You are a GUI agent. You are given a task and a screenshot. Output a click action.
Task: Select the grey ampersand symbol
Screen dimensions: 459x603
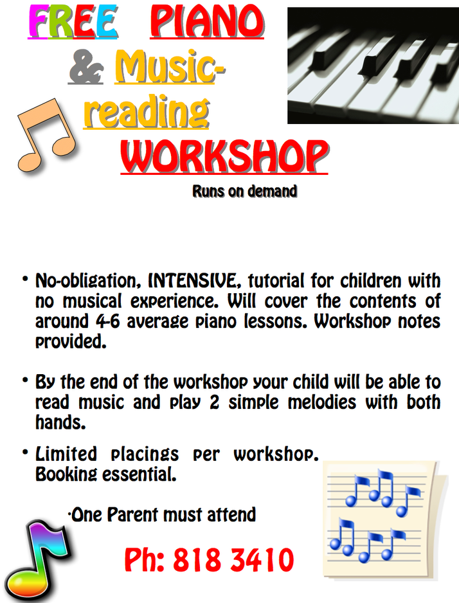[86, 67]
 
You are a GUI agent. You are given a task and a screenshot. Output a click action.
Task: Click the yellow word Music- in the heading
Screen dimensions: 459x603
[170, 67]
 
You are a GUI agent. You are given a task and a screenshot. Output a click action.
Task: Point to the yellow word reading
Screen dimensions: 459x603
[147, 112]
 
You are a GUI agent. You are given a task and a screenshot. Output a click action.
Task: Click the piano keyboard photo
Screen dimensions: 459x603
[373, 66]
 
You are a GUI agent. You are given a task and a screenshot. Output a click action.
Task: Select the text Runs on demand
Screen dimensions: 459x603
[245, 191]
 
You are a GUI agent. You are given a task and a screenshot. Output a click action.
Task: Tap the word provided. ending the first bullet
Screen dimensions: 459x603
[71, 341]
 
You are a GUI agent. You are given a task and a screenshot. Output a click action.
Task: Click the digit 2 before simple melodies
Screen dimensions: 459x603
[214, 402]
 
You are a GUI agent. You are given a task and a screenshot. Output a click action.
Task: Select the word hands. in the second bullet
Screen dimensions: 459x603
[60, 422]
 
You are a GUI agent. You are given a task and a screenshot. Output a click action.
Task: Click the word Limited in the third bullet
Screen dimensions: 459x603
[66, 454]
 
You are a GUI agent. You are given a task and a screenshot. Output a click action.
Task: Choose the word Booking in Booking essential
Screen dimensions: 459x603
[66, 474]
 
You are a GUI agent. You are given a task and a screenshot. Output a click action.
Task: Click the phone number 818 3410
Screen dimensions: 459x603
[233, 560]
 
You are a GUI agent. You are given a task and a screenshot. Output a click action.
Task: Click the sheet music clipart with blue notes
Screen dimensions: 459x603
[384, 520]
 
